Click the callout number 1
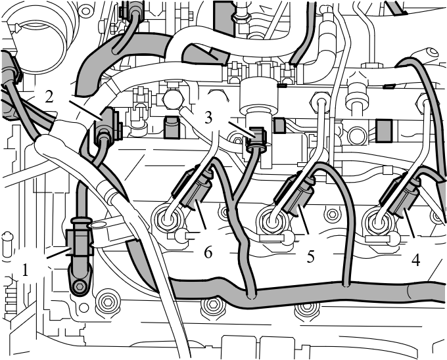click(26, 270)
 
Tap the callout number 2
click(49, 97)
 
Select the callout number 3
click(208, 118)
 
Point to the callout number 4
click(415, 260)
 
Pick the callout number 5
click(310, 257)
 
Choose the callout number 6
click(208, 253)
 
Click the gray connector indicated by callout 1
click(80, 242)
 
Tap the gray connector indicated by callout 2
click(108, 125)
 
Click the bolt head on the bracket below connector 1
click(80, 287)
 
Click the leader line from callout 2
click(85, 110)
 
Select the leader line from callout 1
click(59, 254)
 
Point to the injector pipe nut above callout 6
click(166, 219)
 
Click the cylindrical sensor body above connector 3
click(259, 96)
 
